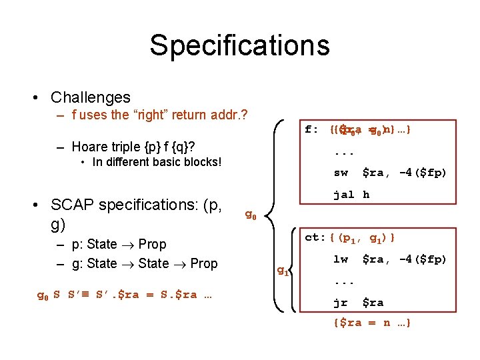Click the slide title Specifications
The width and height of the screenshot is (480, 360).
click(x=239, y=45)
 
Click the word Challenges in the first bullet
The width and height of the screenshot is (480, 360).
click(x=91, y=97)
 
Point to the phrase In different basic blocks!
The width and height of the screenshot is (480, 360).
click(x=157, y=162)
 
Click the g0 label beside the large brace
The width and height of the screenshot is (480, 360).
click(x=251, y=215)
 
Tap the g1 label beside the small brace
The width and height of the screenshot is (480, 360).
click(x=283, y=270)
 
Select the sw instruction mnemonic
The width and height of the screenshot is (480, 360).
click(x=341, y=173)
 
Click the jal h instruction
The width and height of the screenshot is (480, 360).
click(x=351, y=195)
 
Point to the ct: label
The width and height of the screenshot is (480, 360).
click(x=314, y=237)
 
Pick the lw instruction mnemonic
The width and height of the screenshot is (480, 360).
click(x=341, y=259)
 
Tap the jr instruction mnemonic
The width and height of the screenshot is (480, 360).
click(x=341, y=303)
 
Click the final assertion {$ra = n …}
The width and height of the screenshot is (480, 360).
click(x=371, y=323)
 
